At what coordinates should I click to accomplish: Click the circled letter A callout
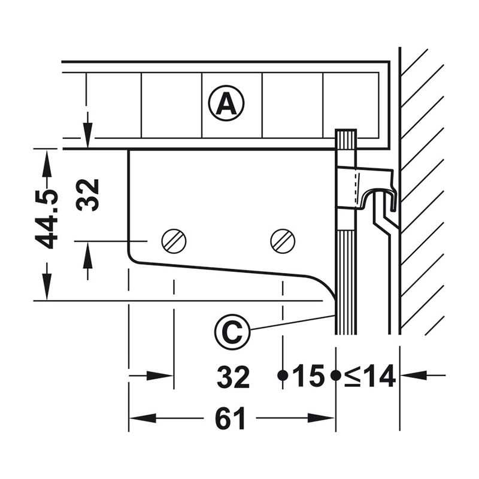click(x=226, y=104)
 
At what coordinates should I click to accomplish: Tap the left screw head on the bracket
click(x=174, y=241)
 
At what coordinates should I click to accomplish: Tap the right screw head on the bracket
click(x=283, y=241)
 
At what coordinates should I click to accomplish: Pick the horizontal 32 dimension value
click(x=234, y=377)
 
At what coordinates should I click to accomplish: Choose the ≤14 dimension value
click(x=370, y=377)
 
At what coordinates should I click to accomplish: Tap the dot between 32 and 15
click(x=281, y=375)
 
